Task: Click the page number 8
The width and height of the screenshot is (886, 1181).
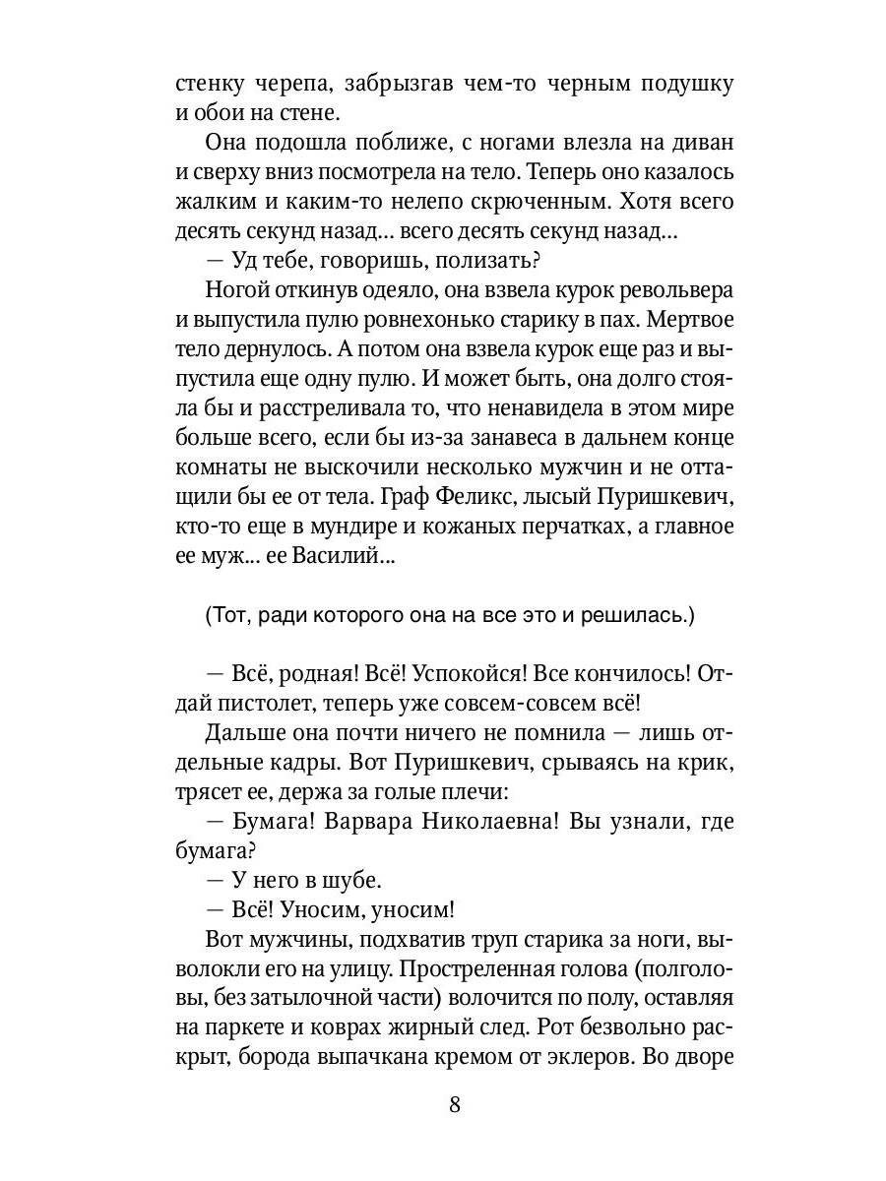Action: (x=454, y=1103)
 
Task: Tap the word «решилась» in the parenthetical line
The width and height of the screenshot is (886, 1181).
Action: (x=630, y=616)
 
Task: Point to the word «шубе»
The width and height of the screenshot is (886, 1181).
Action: (x=347, y=881)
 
